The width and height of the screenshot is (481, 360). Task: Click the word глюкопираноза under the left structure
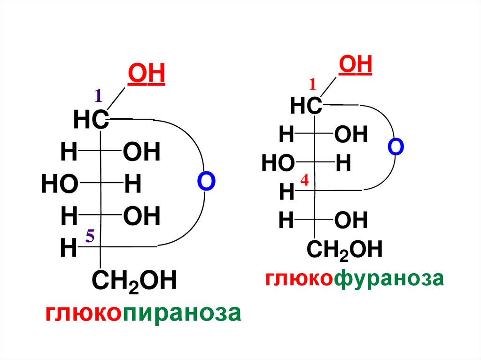(143, 313)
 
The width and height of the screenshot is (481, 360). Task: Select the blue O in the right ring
(396, 146)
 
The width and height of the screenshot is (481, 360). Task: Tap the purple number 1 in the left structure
(98, 96)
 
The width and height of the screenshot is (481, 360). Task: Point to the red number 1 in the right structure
(313, 84)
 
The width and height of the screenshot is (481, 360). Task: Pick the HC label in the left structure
(91, 121)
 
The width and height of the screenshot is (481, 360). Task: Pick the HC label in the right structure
(306, 107)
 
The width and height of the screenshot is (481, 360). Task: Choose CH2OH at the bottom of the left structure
(134, 282)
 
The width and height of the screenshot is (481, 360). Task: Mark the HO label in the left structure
(59, 185)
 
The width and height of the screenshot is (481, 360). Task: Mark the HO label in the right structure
(278, 164)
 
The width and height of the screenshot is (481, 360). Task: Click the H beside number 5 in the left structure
(69, 248)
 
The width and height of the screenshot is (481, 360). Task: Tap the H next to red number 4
(286, 192)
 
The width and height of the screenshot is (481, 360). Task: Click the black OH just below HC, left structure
(141, 153)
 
